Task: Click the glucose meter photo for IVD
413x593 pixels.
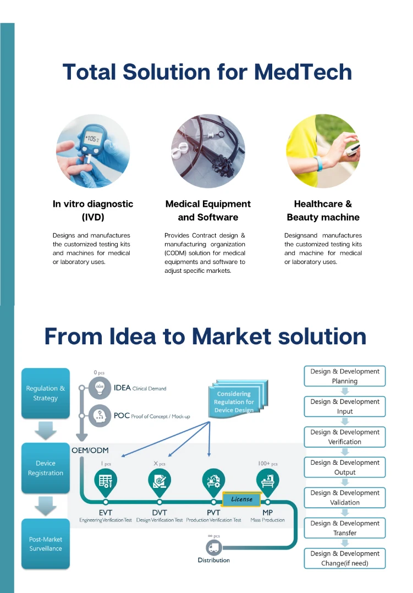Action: point(93,151)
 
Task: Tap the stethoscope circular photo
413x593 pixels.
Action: point(208,151)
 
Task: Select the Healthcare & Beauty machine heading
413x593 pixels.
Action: point(323,211)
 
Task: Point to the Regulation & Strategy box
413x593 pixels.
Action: point(46,393)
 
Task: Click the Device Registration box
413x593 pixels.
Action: point(46,468)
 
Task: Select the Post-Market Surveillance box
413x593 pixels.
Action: point(46,543)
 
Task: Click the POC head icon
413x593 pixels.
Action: point(100,415)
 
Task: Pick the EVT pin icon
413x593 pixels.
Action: point(106,480)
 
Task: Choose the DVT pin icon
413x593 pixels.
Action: point(159,480)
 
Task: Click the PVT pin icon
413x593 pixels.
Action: point(213,480)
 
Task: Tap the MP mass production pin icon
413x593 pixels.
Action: point(267,480)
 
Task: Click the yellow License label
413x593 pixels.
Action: point(241,499)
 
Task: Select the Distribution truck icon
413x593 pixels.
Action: point(213,548)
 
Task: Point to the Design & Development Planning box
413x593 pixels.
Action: point(345,376)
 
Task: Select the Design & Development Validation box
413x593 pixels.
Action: point(345,498)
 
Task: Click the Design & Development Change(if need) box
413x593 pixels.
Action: point(345,558)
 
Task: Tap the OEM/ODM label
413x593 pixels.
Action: point(90,450)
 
